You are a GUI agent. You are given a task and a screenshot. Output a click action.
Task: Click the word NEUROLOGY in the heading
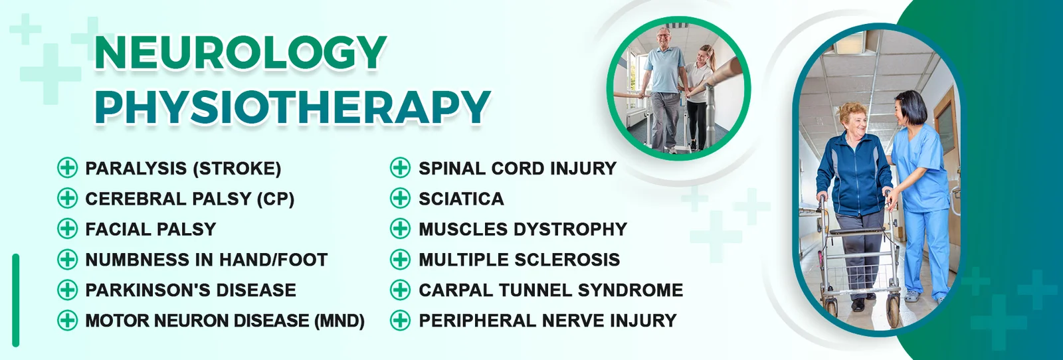[241, 53]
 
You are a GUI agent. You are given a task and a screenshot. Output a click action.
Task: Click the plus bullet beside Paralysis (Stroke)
[67, 169]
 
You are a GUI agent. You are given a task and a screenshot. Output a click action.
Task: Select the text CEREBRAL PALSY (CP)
[190, 199]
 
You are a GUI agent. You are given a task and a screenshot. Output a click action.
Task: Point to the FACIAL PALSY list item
[150, 229]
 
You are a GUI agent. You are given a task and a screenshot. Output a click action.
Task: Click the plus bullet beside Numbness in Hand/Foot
[67, 260]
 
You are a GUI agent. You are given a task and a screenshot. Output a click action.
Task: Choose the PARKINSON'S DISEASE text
[191, 290]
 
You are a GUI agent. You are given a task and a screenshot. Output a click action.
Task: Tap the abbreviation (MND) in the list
[339, 321]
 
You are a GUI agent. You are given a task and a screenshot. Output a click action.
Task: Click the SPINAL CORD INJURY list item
[518, 169]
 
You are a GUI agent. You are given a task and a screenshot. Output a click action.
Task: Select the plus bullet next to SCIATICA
[400, 199]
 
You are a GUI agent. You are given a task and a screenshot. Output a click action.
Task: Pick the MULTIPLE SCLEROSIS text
[519, 260]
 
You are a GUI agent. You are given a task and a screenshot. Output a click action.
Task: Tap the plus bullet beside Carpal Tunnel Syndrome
[400, 290]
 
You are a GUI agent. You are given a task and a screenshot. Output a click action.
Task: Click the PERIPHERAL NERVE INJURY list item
[547, 321]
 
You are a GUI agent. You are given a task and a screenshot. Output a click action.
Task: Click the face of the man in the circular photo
[664, 37]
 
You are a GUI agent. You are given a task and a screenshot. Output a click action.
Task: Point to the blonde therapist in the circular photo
[698, 95]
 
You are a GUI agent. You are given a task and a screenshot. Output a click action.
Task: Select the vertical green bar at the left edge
[16, 300]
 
